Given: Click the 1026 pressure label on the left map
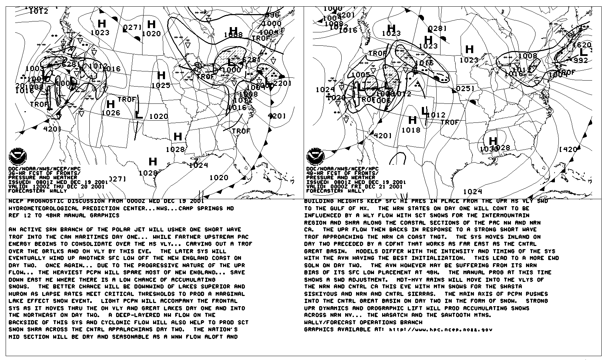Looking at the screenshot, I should pyautogui.click(x=111, y=113).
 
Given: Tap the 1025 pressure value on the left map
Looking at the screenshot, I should pyautogui.click(x=161, y=86).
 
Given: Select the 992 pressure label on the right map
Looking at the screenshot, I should pyautogui.click(x=581, y=60).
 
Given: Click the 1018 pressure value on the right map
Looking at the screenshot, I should pyautogui.click(x=411, y=130).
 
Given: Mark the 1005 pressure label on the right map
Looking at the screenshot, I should pyautogui.click(x=361, y=75).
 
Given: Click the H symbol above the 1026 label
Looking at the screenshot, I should pyautogui.click(x=111, y=104).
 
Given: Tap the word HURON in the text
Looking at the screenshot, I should pyautogui.click(x=18, y=294).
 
